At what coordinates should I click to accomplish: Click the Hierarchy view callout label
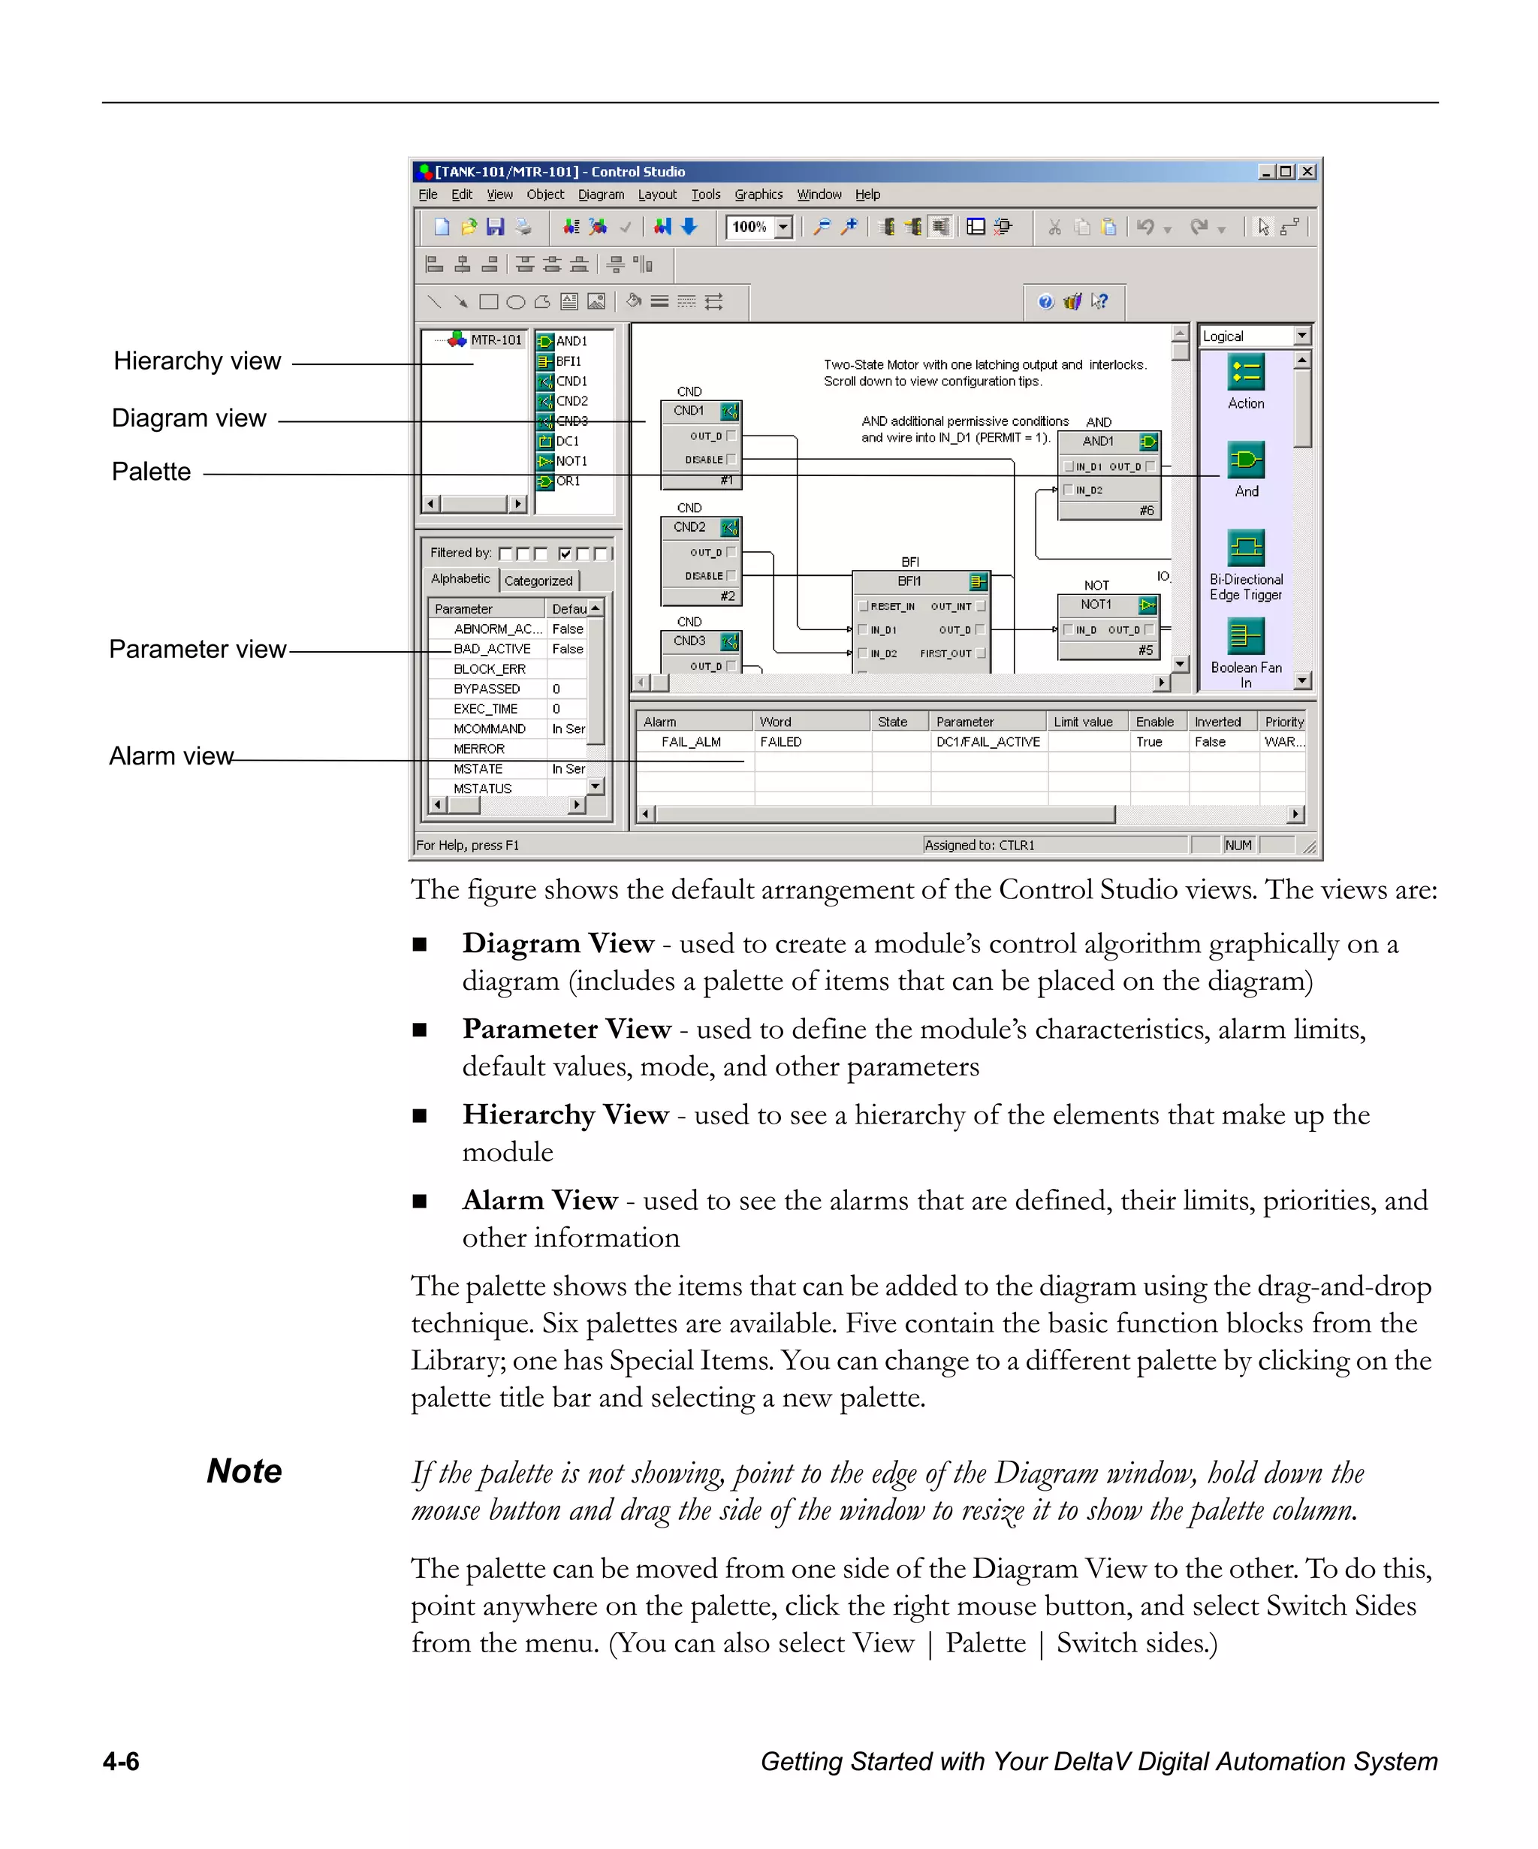[198, 361]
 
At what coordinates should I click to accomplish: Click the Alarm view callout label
[170, 756]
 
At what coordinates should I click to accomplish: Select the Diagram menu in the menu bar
[601, 195]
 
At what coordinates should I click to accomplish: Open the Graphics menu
[758, 195]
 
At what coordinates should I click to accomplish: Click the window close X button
[1307, 172]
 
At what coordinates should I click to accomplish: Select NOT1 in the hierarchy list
[571, 461]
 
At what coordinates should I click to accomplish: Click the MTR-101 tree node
[496, 340]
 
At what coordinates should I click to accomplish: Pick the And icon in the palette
[1246, 460]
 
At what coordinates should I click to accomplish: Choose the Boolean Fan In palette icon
[1246, 635]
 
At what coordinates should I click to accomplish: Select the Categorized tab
[538, 581]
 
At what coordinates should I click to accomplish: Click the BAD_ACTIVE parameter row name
[491, 649]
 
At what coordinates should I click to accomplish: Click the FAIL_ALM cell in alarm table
[691, 742]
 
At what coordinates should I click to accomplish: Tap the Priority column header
[1283, 722]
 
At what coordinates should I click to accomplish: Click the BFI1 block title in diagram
[909, 581]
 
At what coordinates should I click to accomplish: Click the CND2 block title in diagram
[689, 527]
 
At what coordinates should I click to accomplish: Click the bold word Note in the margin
[244, 1471]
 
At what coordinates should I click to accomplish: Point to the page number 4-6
[121, 1761]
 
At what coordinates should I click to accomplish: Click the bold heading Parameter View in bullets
[566, 1028]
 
